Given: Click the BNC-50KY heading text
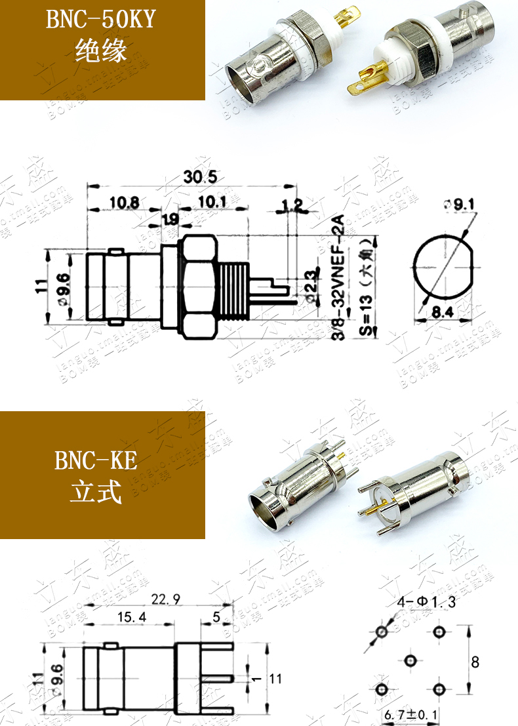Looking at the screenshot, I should (x=100, y=20).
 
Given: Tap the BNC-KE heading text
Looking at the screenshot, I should (x=96, y=461).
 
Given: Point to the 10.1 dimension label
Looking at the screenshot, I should (x=212, y=202).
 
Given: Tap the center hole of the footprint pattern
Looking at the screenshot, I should (x=410, y=660).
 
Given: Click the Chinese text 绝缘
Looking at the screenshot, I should (x=100, y=50).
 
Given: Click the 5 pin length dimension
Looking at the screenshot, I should (x=217, y=617).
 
